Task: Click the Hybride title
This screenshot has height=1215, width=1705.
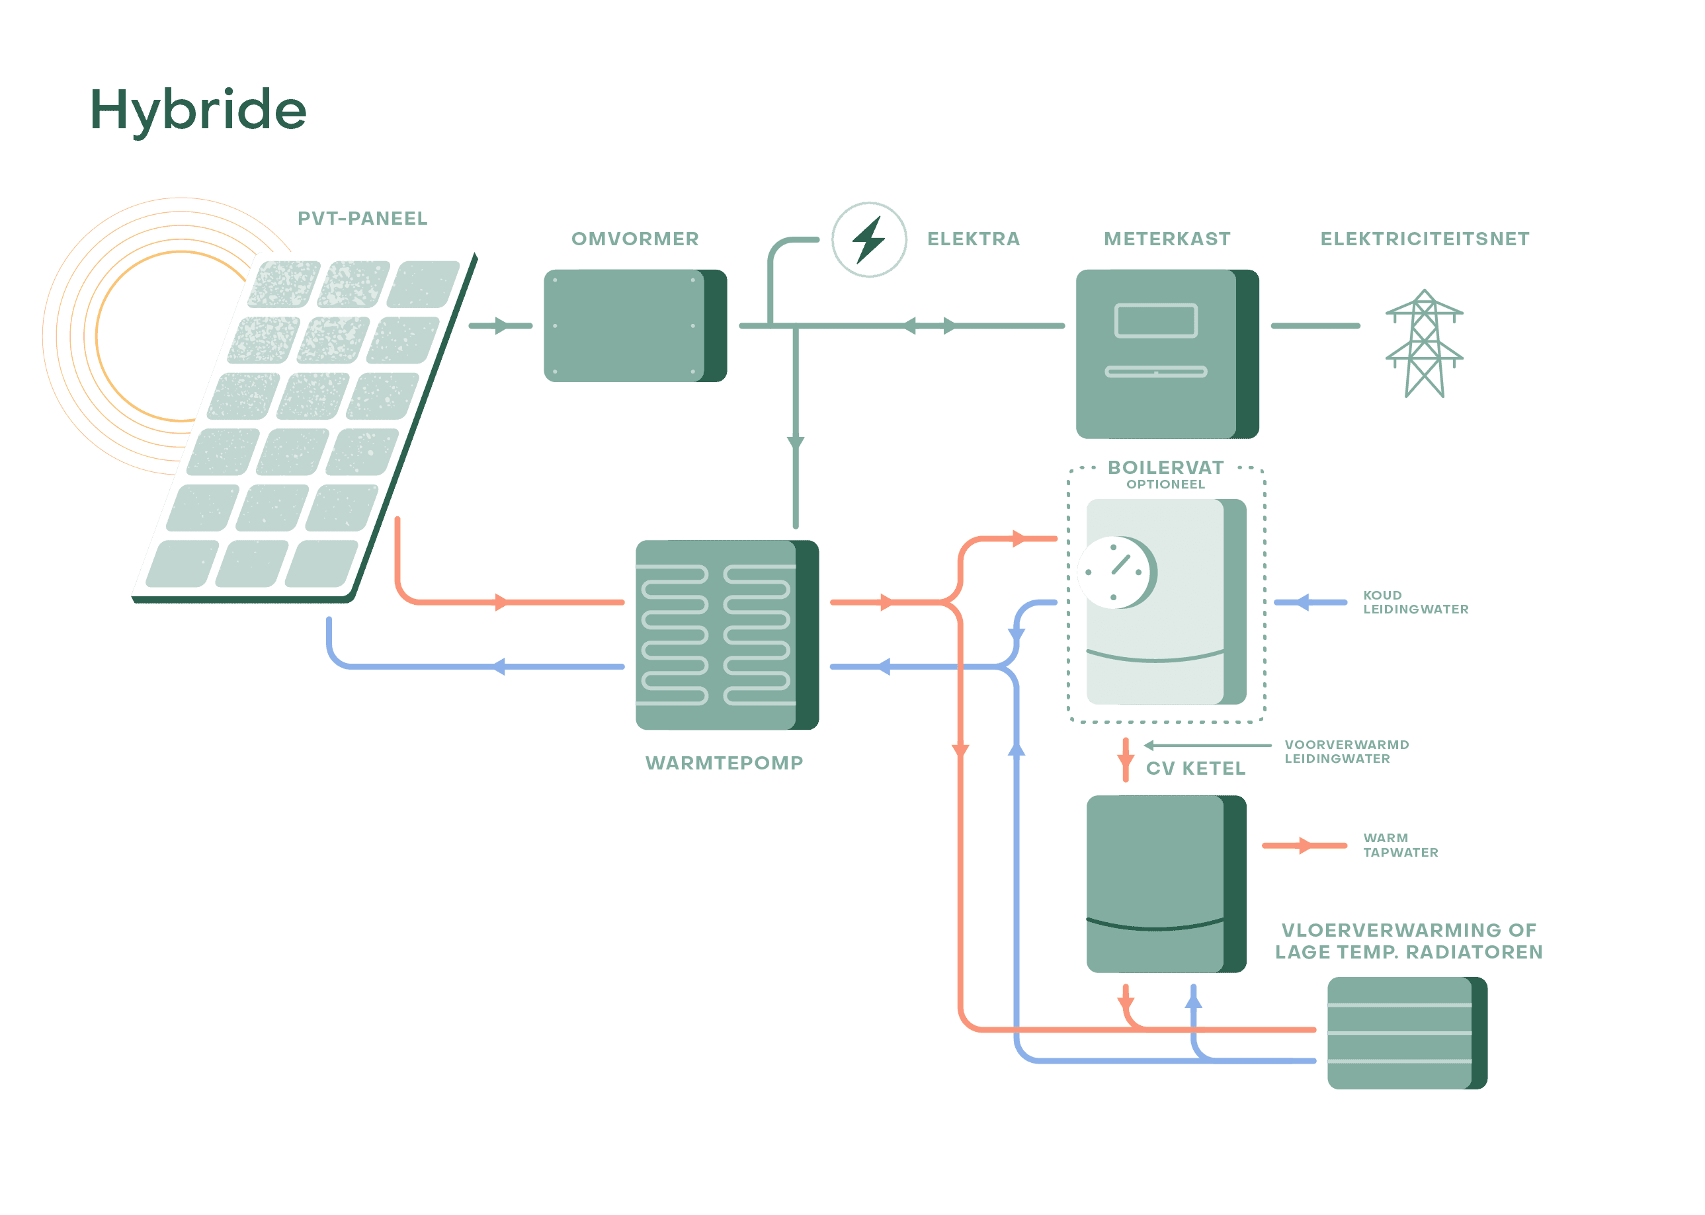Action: pyautogui.click(x=198, y=110)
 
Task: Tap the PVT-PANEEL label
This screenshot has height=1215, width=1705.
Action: pyautogui.click(x=362, y=218)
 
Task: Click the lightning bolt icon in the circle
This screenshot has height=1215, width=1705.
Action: pyautogui.click(x=869, y=239)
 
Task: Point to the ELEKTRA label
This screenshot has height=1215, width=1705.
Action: pyautogui.click(x=973, y=239)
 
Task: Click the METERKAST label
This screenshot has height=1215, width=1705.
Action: pyautogui.click(x=1167, y=239)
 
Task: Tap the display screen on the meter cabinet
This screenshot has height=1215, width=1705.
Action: pyautogui.click(x=1155, y=320)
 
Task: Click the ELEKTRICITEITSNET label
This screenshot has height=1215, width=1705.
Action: pyautogui.click(x=1425, y=239)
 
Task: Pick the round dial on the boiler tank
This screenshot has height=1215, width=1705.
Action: pyautogui.click(x=1115, y=572)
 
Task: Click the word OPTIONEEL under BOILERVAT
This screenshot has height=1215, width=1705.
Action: pyautogui.click(x=1165, y=485)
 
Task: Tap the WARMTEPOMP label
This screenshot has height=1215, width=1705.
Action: pyautogui.click(x=724, y=763)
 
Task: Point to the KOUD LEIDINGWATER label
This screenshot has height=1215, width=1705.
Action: pyautogui.click(x=1415, y=602)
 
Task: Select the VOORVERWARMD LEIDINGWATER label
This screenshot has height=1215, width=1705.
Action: pyautogui.click(x=1347, y=752)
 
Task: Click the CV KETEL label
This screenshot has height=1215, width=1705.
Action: pyautogui.click(x=1195, y=768)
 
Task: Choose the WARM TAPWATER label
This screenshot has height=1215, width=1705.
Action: pyautogui.click(x=1400, y=845)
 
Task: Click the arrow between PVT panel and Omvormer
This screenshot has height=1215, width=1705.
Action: pyautogui.click(x=500, y=325)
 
